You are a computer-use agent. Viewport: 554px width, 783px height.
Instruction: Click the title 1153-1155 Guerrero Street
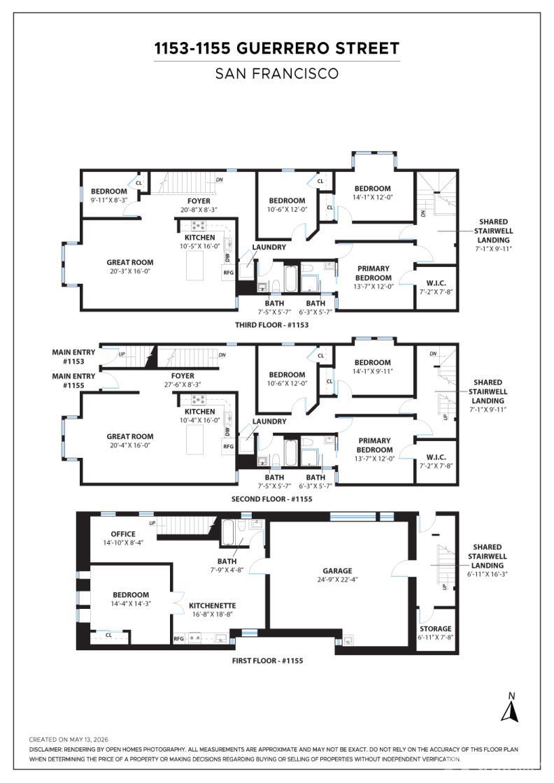point(277,48)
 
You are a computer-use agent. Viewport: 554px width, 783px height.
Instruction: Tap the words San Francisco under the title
point(277,73)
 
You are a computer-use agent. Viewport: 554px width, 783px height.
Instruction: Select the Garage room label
point(337,570)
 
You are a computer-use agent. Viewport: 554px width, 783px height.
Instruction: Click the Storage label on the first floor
point(435,628)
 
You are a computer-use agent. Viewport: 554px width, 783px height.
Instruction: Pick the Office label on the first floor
point(123,534)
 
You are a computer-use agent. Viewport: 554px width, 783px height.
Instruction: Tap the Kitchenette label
point(213,605)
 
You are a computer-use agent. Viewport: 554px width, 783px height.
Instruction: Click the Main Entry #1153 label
point(73,357)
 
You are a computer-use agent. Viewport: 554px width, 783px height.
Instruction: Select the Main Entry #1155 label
point(73,380)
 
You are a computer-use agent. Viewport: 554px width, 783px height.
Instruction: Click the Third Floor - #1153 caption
point(272,324)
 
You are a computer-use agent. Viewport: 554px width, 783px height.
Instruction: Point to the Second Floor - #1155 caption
point(272,499)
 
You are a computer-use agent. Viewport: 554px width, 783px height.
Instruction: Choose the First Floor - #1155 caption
point(267,661)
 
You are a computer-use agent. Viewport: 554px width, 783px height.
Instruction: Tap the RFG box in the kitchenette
point(179,639)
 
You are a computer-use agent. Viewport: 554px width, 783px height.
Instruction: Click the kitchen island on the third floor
point(195,266)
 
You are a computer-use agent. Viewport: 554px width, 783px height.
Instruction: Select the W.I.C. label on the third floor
point(436,283)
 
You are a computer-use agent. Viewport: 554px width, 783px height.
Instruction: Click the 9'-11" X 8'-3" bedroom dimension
point(109,200)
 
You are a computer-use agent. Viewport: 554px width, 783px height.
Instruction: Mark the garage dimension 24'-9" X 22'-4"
point(337,580)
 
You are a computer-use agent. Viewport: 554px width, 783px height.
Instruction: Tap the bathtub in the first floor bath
point(228,533)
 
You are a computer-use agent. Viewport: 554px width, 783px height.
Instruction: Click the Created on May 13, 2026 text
point(69,740)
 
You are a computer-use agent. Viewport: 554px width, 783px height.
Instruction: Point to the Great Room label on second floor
point(130,436)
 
